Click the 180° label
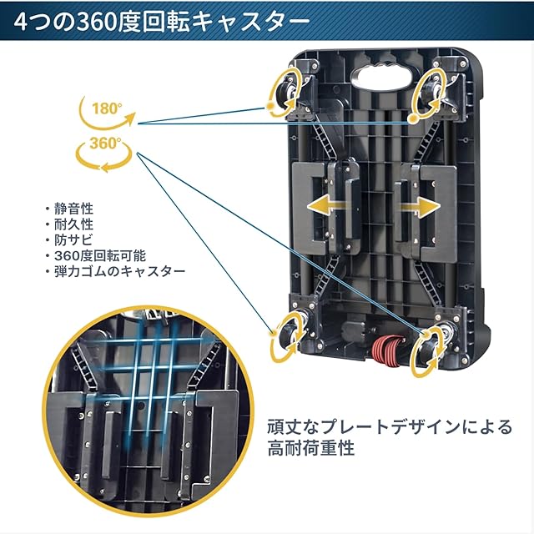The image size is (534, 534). (x=106, y=108)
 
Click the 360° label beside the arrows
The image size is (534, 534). (x=105, y=144)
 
